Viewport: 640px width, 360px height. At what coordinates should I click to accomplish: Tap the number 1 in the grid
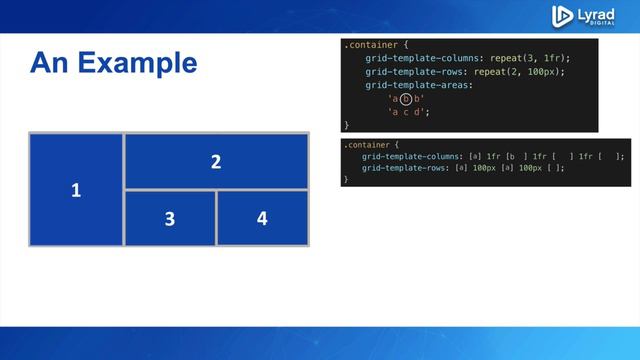[76, 189]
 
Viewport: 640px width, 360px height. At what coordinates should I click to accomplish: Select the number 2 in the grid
[216, 161]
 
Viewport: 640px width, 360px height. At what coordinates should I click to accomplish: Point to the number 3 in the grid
[170, 217]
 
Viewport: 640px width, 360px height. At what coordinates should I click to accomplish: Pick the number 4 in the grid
[262, 217]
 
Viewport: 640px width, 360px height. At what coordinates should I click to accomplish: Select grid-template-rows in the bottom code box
[405, 168]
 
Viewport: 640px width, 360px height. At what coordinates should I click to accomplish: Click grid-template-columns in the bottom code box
[412, 156]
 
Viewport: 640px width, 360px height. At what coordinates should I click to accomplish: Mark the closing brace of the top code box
[347, 124]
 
